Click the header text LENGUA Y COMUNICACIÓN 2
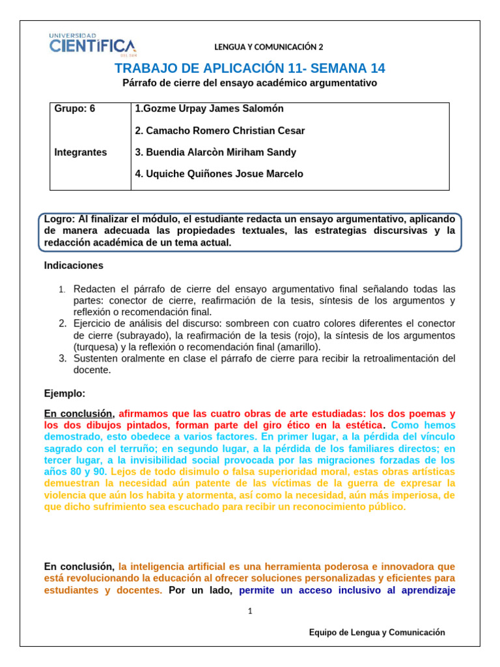click(x=268, y=47)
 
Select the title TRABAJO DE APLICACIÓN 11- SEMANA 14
click(x=250, y=68)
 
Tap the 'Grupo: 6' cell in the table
click(x=74, y=109)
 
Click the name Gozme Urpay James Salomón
click(x=209, y=109)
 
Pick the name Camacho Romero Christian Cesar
click(x=219, y=131)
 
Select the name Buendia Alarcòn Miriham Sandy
click(x=215, y=152)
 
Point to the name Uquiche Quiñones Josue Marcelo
click(x=219, y=174)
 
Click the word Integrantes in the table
click(x=81, y=152)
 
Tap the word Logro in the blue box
click(x=59, y=220)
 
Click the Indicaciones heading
click(x=74, y=266)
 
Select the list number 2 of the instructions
click(x=62, y=324)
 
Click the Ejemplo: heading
click(x=64, y=393)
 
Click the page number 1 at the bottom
click(x=250, y=611)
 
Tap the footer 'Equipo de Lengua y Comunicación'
click(x=377, y=632)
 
